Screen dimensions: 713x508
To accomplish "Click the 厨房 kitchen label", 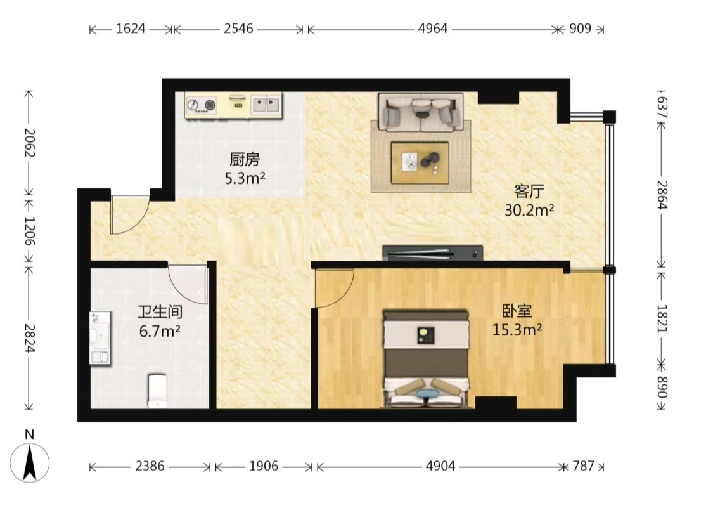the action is [244, 160].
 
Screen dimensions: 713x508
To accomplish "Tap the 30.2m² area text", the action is [529, 210].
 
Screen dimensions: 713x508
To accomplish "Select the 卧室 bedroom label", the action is [517, 311].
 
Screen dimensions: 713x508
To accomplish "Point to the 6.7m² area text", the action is [160, 331].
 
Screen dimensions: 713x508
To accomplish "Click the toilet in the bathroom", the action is [157, 391].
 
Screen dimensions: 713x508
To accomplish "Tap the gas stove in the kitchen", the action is [201, 105].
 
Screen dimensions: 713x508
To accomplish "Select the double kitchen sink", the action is [266, 105].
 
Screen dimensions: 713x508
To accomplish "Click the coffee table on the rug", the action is [420, 162].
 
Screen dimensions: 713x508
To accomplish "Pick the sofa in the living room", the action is [421, 112].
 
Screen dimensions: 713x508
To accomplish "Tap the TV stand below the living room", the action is [432, 253].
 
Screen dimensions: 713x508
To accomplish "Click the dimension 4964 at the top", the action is [432, 29].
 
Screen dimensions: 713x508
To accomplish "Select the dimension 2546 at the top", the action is [238, 29].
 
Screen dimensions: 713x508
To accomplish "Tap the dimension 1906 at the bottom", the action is [263, 466].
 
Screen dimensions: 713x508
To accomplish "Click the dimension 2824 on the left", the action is [29, 338].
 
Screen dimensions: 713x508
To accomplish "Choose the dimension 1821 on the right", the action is [662, 318].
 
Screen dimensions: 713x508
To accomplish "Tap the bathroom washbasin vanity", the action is [100, 338].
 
